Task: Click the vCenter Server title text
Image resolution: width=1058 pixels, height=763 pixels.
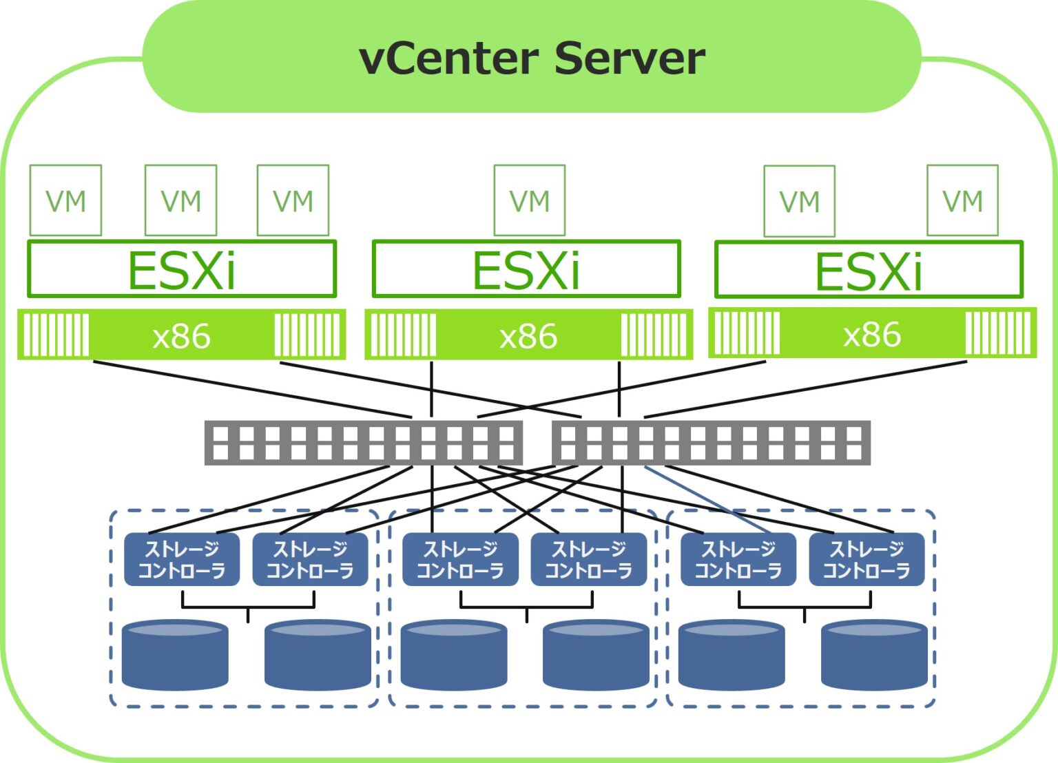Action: point(531,59)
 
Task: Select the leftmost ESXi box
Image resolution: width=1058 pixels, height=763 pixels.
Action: point(182,269)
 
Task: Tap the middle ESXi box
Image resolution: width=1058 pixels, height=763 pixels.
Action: point(526,269)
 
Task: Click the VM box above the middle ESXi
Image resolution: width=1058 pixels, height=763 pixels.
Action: point(529,200)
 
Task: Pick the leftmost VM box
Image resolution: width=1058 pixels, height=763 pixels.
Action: point(65,200)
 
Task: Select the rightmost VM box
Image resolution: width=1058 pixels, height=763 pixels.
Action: point(962,200)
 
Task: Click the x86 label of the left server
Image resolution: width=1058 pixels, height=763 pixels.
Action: point(181,336)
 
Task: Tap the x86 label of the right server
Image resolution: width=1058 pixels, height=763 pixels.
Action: point(872,335)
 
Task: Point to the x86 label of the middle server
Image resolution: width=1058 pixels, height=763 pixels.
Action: point(528,336)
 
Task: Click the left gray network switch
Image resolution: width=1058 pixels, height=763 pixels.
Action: point(363,443)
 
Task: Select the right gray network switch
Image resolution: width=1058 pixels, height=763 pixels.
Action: point(711,443)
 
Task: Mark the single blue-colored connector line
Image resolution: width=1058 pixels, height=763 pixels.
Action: point(706,499)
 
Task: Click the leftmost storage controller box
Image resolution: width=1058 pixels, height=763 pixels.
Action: point(182,559)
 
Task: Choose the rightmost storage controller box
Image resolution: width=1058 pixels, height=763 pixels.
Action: point(867,559)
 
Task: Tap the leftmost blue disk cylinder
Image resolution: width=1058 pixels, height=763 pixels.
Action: point(175,655)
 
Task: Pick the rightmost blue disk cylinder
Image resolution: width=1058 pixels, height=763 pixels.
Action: point(874,655)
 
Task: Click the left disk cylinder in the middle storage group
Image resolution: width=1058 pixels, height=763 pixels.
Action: point(454,655)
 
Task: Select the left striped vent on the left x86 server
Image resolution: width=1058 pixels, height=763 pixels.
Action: point(56,335)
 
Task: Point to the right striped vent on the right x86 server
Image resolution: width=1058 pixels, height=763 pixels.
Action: point(998,333)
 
